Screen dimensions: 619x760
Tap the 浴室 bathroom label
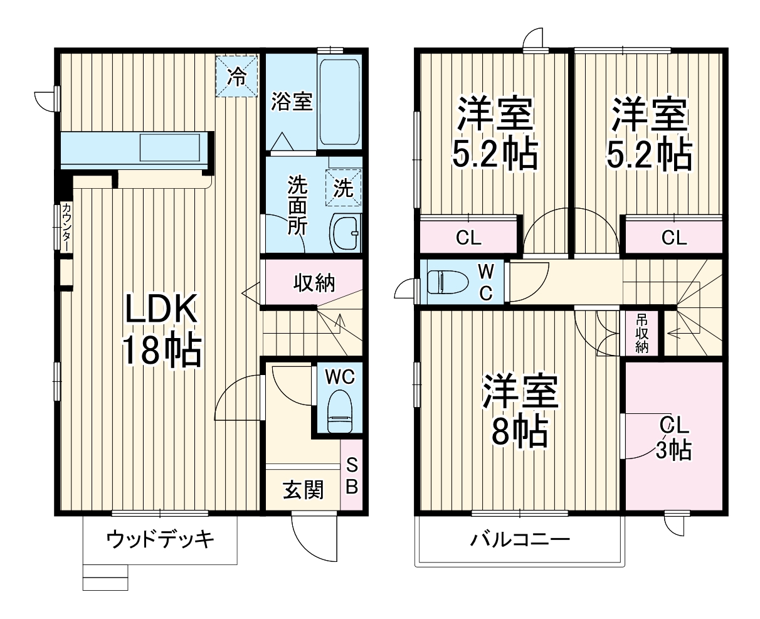coord(292,102)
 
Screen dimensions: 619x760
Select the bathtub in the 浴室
coord(339,102)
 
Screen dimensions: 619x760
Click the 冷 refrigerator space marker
coord(237,77)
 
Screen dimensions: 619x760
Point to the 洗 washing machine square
coord(344,188)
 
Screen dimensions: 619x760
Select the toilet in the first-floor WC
coord(339,411)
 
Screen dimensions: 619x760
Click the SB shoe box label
coord(352,476)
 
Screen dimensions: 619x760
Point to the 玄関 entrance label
coord(303,490)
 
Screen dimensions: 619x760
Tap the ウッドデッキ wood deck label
coord(160,538)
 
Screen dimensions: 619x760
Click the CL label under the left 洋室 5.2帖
coord(468,238)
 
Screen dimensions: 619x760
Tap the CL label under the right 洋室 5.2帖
coord(674,238)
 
